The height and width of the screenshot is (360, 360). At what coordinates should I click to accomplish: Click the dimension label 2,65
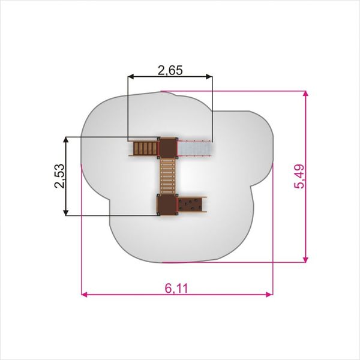(x=170, y=70)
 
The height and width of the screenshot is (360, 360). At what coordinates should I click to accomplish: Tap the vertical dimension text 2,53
(x=59, y=176)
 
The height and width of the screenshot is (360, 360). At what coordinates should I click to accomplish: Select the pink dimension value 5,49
(x=299, y=176)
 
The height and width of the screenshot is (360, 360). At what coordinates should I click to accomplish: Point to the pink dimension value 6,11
(x=176, y=289)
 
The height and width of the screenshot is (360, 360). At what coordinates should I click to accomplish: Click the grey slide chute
(x=195, y=148)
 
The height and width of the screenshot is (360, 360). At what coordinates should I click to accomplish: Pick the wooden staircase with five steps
(x=144, y=148)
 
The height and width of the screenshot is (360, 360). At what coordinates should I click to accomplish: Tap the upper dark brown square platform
(x=168, y=148)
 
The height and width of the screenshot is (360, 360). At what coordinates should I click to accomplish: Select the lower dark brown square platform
(x=167, y=205)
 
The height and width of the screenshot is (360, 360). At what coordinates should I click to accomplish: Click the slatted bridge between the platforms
(x=167, y=176)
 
